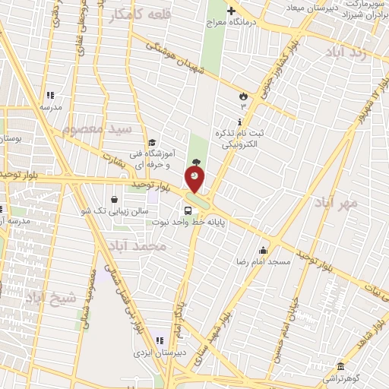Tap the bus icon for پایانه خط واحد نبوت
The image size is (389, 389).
pos(187,210)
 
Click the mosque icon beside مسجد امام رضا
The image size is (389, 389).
pos(264,250)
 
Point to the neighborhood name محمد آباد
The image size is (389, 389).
pos(138,248)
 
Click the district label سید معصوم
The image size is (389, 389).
pos(98,129)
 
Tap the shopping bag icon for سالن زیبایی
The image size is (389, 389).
pos(114,200)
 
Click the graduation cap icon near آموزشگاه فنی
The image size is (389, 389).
pos(152,142)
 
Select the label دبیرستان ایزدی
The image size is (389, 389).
pos(155,353)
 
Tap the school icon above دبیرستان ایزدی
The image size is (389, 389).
pos(160,340)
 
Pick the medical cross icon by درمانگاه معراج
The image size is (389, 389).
pos(232,9)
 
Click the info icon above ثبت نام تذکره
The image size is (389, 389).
pos(240,122)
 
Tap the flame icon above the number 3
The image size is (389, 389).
pos(242,96)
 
